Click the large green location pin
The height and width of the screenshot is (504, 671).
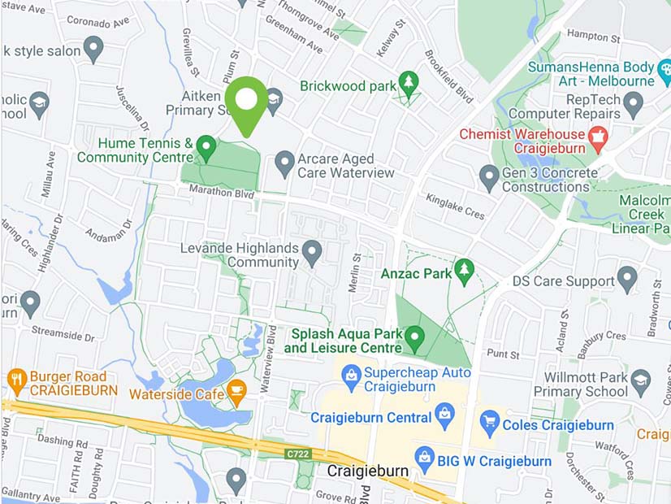click(246, 102)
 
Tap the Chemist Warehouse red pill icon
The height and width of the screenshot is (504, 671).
click(598, 135)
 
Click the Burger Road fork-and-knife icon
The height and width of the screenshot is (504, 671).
click(16, 378)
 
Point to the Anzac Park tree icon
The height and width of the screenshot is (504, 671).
click(464, 272)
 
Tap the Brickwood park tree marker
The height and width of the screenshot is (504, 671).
click(408, 83)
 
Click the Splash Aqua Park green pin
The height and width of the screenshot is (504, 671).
click(415, 337)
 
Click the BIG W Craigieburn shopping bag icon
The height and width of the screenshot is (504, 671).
click(424, 458)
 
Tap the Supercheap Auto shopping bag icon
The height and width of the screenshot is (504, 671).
click(351, 376)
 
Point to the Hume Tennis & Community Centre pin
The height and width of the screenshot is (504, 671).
click(206, 147)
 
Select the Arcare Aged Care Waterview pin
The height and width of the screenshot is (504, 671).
click(284, 163)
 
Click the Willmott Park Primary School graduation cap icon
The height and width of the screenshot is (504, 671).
click(641, 382)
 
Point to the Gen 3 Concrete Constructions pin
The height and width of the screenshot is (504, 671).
click(488, 176)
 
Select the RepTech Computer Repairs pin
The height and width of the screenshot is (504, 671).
click(634, 103)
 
